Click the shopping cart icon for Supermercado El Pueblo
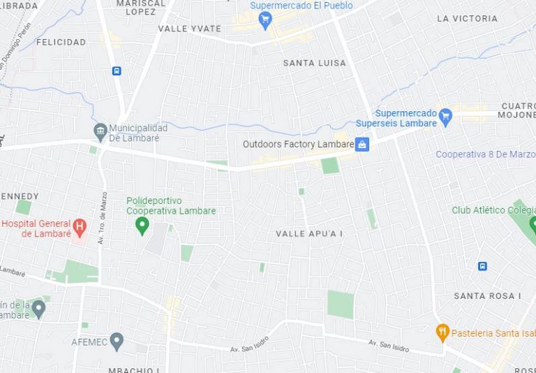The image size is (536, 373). (x=265, y=20)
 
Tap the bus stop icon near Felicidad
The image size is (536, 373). (x=117, y=71)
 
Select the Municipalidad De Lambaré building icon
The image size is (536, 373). (x=100, y=131)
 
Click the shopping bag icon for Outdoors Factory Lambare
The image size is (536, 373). (x=362, y=145)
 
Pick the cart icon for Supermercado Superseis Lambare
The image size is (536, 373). (x=445, y=118)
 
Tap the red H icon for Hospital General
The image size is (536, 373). (x=80, y=227)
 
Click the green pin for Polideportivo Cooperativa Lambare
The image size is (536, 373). (x=142, y=225)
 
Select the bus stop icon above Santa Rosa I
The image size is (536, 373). (x=482, y=266)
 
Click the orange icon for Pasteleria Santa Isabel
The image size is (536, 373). (x=442, y=332)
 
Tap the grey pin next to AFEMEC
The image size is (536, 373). (x=117, y=342)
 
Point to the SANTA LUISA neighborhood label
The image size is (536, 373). (x=314, y=63)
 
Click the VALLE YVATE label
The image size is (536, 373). (x=189, y=29)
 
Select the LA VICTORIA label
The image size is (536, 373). (x=467, y=19)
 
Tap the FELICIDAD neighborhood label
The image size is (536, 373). (x=61, y=42)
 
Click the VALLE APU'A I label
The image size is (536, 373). (x=309, y=233)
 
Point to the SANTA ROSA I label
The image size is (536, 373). (x=487, y=296)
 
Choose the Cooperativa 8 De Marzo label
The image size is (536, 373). (x=485, y=154)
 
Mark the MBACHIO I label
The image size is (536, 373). (x=134, y=370)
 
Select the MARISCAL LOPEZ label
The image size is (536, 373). (x=141, y=8)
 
